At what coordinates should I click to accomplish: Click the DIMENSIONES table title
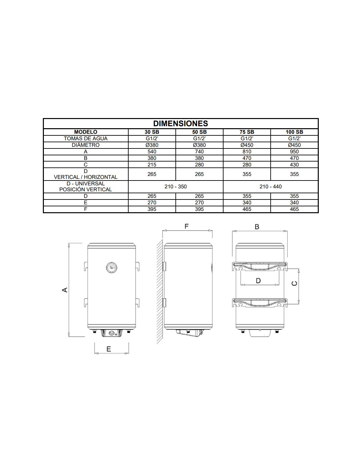point(181,124)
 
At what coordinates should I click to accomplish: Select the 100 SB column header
point(294,132)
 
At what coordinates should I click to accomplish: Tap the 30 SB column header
point(152,132)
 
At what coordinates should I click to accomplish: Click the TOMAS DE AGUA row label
point(85,138)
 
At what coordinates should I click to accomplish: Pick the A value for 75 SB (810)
point(247,151)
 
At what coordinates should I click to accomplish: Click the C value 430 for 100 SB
point(294,164)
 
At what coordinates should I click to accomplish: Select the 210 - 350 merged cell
point(175,187)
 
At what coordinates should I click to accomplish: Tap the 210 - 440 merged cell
point(270,187)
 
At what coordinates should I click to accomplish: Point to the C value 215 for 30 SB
point(152,164)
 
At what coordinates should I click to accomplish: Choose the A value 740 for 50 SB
point(199,151)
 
